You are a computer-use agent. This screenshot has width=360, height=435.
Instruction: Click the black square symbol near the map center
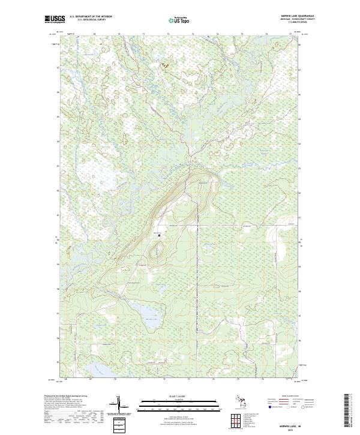(x=159, y=236)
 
